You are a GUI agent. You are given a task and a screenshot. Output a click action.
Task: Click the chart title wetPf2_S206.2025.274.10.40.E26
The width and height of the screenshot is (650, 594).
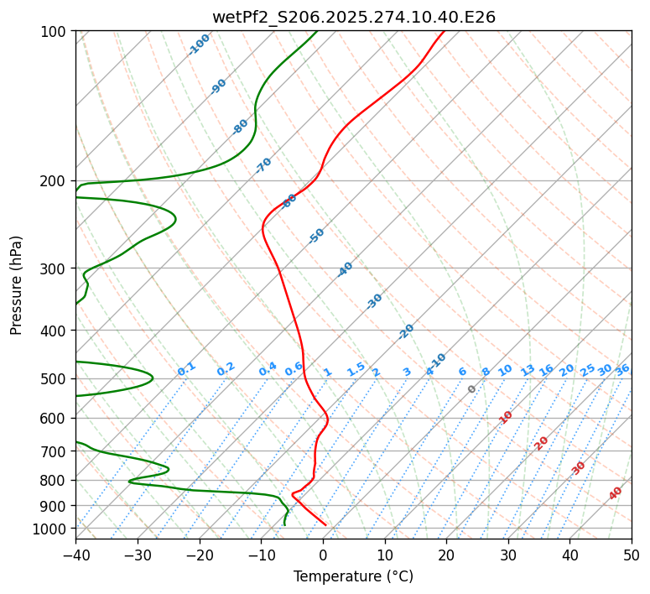353,17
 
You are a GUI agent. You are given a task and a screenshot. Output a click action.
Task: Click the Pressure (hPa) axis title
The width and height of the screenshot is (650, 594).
16,284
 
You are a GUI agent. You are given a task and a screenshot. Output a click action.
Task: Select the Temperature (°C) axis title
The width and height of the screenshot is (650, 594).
353,577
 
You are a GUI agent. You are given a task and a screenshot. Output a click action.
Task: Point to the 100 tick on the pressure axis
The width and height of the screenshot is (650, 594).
56,32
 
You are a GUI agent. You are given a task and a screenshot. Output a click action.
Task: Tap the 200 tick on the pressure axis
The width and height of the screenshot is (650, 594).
56,181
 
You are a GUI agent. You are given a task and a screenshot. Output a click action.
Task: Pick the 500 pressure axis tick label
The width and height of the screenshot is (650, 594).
56,379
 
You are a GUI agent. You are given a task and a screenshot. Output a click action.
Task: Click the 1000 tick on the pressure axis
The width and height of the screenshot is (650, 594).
53,529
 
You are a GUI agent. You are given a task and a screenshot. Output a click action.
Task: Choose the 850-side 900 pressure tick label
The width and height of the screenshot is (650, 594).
56,506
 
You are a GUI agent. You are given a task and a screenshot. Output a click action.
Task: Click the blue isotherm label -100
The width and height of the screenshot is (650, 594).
200,44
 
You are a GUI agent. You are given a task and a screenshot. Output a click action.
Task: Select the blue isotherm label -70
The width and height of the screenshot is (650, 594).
263,165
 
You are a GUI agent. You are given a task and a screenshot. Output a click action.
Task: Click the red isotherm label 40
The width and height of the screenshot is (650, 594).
616,493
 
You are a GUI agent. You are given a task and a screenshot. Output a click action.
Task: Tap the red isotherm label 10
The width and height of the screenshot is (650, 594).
506,417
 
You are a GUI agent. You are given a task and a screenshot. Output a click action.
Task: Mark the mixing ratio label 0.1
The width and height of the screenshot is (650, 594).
186,369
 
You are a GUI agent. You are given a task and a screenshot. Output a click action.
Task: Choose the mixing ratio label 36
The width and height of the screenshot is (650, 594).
622,369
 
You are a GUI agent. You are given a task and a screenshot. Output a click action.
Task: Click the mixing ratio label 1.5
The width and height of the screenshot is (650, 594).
356,369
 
